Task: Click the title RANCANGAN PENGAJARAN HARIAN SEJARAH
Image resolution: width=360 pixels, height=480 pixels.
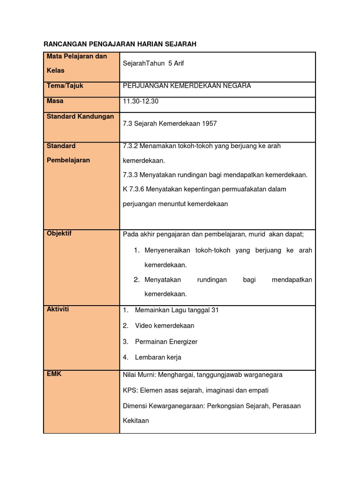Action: click(x=120, y=44)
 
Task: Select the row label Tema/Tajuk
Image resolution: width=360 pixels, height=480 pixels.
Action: click(x=65, y=86)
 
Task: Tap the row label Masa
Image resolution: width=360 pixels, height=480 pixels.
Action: click(x=55, y=101)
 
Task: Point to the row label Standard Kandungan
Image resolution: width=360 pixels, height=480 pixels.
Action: click(x=80, y=116)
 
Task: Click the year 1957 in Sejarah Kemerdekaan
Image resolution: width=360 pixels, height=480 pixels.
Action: click(x=210, y=124)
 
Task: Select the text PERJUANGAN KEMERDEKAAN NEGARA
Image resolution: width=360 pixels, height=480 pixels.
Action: click(x=187, y=86)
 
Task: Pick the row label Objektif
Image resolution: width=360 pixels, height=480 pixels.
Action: click(x=59, y=233)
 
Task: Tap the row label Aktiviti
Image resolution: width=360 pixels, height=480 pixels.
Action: click(x=58, y=309)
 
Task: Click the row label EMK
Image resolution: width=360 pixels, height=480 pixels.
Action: click(x=54, y=374)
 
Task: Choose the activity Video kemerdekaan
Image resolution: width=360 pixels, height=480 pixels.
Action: click(x=165, y=326)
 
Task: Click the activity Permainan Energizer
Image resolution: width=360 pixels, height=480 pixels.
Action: click(x=166, y=342)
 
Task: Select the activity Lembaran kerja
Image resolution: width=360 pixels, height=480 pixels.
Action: click(x=158, y=357)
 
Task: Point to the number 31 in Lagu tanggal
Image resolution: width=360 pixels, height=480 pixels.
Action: click(x=215, y=310)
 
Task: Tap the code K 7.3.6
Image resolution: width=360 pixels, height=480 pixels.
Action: click(x=133, y=189)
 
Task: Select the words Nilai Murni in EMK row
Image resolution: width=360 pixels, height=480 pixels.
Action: click(x=139, y=375)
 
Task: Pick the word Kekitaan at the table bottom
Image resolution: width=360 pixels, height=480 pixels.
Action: click(x=135, y=420)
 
